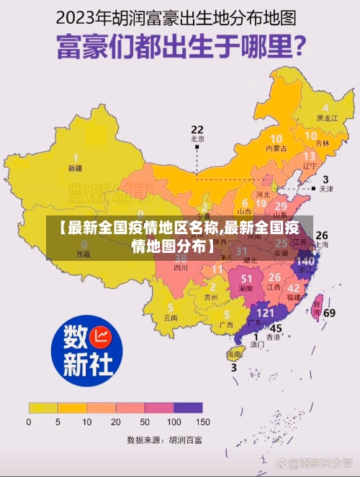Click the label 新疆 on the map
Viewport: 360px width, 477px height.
tap(75, 169)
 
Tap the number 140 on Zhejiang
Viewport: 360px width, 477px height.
tap(305, 260)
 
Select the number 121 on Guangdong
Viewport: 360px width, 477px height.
tap(266, 313)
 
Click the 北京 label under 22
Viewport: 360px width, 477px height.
tap(197, 138)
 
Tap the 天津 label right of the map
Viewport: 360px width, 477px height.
tap(325, 190)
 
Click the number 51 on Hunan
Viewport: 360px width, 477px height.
tap(247, 278)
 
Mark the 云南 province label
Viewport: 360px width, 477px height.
tap(170, 317)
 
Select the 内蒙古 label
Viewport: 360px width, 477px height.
tap(276, 148)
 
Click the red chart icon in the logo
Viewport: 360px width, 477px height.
tap(102, 335)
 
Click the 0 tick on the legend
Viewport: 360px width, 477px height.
tap(29, 422)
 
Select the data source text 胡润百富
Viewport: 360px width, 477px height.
tap(185, 439)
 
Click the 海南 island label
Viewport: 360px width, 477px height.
tap(234, 355)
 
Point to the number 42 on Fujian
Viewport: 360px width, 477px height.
tap(294, 287)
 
